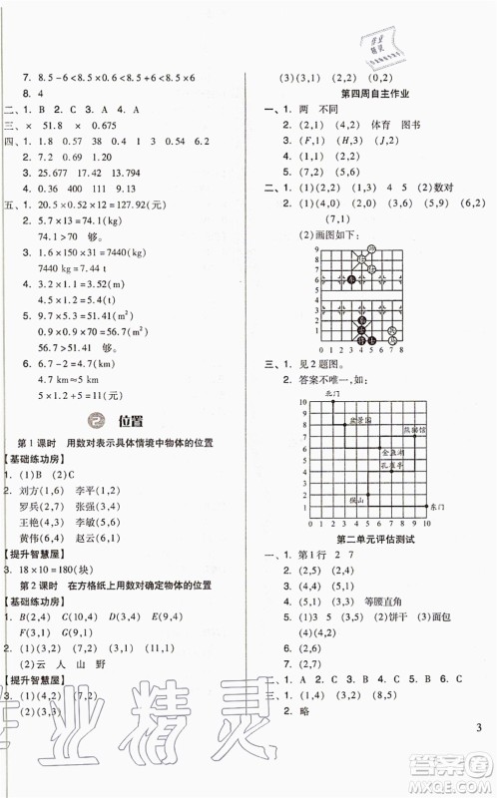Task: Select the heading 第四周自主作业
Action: (365, 92)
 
